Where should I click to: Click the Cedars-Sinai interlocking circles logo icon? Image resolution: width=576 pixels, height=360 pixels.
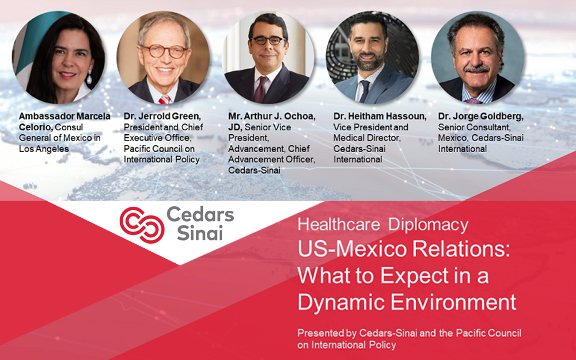pos(140,223)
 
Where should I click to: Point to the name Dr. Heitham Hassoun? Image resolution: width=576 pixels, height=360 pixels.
pos(380,116)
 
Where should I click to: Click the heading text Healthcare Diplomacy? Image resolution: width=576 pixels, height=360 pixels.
pos(382,225)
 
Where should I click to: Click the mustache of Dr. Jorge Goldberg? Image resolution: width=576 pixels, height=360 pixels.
pos(477,69)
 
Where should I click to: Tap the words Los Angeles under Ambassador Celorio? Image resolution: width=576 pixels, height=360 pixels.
pos(44,149)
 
